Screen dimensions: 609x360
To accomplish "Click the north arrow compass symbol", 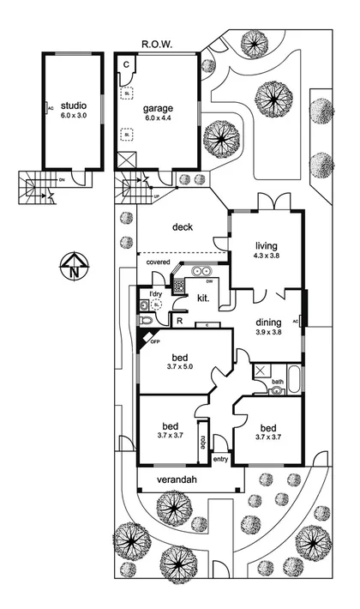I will pyautogui.click(x=75, y=267).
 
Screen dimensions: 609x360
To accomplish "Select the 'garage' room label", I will pyautogui.click(x=158, y=108).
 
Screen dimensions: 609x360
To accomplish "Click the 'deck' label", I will pyautogui.click(x=182, y=227).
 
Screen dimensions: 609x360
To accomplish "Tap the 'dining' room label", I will pyautogui.click(x=271, y=322).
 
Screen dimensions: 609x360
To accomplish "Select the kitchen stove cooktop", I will pyautogui.click(x=179, y=286).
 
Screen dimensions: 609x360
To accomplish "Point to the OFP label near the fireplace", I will pyautogui.click(x=155, y=341).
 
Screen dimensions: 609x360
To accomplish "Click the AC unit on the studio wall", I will pyautogui.click(x=47, y=108).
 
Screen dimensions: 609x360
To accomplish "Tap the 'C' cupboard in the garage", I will pyautogui.click(x=125, y=64).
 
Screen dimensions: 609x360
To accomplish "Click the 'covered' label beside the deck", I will pyautogui.click(x=157, y=262).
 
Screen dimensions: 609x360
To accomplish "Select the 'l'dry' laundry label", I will pyautogui.click(x=155, y=294).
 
